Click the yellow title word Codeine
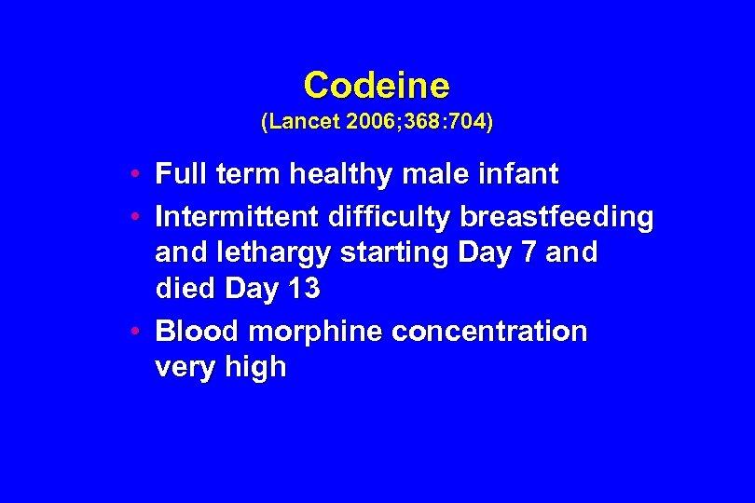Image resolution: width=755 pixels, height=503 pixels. tap(377, 86)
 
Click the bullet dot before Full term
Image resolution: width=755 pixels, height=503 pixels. tap(136, 174)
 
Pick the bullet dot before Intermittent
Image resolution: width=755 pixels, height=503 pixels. tap(136, 217)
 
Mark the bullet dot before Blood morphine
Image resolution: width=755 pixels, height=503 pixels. tap(136, 332)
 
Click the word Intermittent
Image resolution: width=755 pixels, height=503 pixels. tap(237, 217)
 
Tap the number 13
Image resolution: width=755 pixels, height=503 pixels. tap(303, 290)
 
